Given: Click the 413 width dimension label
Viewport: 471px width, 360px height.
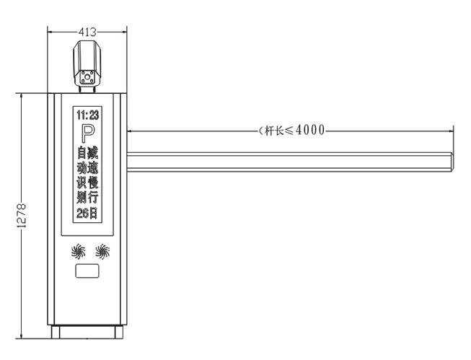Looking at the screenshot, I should (x=87, y=32).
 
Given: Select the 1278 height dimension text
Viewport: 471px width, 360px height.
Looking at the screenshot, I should (x=22, y=216).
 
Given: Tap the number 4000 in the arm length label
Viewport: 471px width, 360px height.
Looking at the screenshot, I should (x=310, y=130).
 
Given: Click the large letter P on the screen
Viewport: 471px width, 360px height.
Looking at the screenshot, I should (x=87, y=133).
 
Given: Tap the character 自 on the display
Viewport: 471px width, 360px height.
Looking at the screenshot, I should (x=81, y=152).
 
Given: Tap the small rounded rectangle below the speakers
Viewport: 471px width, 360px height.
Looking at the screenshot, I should (x=88, y=273).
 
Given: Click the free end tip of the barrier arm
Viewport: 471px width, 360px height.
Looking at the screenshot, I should (x=450, y=164).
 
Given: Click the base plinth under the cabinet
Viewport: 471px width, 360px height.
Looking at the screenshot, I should (x=87, y=333).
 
